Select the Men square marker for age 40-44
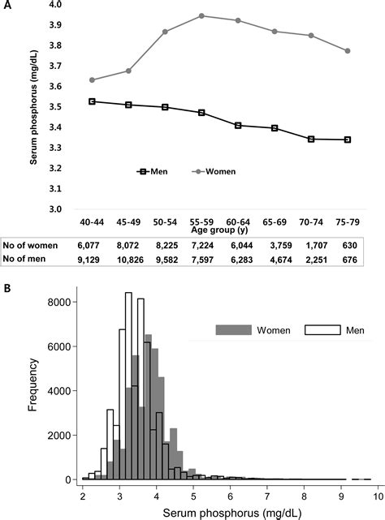click(93, 101)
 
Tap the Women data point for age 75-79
click(348, 50)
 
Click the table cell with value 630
click(348, 243)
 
